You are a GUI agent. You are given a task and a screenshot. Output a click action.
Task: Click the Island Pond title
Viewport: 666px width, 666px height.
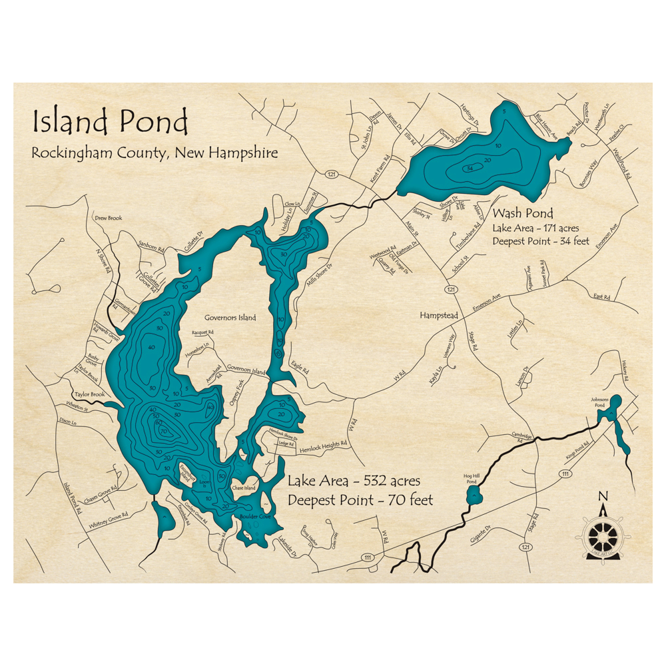[x=110, y=123]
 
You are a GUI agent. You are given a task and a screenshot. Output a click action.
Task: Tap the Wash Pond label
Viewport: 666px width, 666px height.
[x=523, y=214]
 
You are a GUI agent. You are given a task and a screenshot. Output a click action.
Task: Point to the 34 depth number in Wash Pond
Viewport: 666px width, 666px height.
[x=470, y=167]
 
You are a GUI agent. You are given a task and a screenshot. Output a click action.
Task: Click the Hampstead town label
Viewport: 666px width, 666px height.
[x=439, y=315]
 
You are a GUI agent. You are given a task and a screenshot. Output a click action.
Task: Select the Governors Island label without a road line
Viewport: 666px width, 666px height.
[x=230, y=318]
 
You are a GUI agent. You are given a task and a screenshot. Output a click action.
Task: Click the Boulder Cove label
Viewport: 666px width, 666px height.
[x=256, y=516]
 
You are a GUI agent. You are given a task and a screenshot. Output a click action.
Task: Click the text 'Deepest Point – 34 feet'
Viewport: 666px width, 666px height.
[x=541, y=241]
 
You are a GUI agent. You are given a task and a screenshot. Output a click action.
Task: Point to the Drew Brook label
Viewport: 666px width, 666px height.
[x=108, y=218]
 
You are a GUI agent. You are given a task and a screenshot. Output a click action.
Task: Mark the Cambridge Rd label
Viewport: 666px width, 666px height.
[x=521, y=438]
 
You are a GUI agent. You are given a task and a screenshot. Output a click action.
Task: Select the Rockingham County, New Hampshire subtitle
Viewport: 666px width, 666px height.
[x=155, y=153]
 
